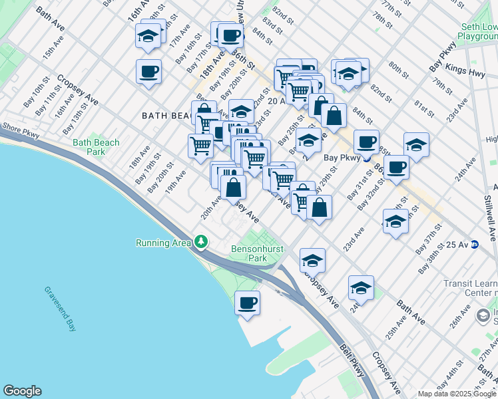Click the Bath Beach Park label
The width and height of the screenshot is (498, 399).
tap(96, 147)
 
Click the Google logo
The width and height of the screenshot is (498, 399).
tap(22, 391)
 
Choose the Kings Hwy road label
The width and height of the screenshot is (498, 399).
tap(466, 70)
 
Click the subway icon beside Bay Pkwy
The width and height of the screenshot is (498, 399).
tap(366, 158)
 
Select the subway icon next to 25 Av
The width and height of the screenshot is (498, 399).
tap(475, 245)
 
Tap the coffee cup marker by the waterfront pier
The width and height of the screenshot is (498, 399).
tap(248, 303)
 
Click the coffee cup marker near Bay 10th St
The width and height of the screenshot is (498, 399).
tap(148, 70)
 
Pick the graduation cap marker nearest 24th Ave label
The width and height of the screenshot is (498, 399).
tap(360, 287)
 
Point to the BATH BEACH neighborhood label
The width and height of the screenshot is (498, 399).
tap(166, 116)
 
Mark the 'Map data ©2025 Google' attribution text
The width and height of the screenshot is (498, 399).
tap(456, 394)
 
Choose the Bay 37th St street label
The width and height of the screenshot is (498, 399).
tap(429, 242)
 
